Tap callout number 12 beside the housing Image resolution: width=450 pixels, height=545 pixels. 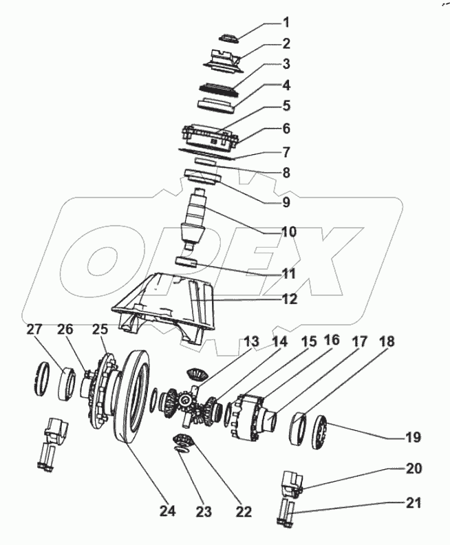pyautogui.click(x=270, y=299)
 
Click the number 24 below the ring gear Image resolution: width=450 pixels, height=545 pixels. pyautogui.click(x=167, y=511)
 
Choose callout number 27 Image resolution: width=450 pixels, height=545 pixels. pyautogui.click(x=35, y=330)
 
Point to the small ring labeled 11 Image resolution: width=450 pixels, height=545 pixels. pyautogui.click(x=187, y=262)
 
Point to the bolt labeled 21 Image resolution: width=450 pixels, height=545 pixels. pyautogui.click(x=287, y=513)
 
